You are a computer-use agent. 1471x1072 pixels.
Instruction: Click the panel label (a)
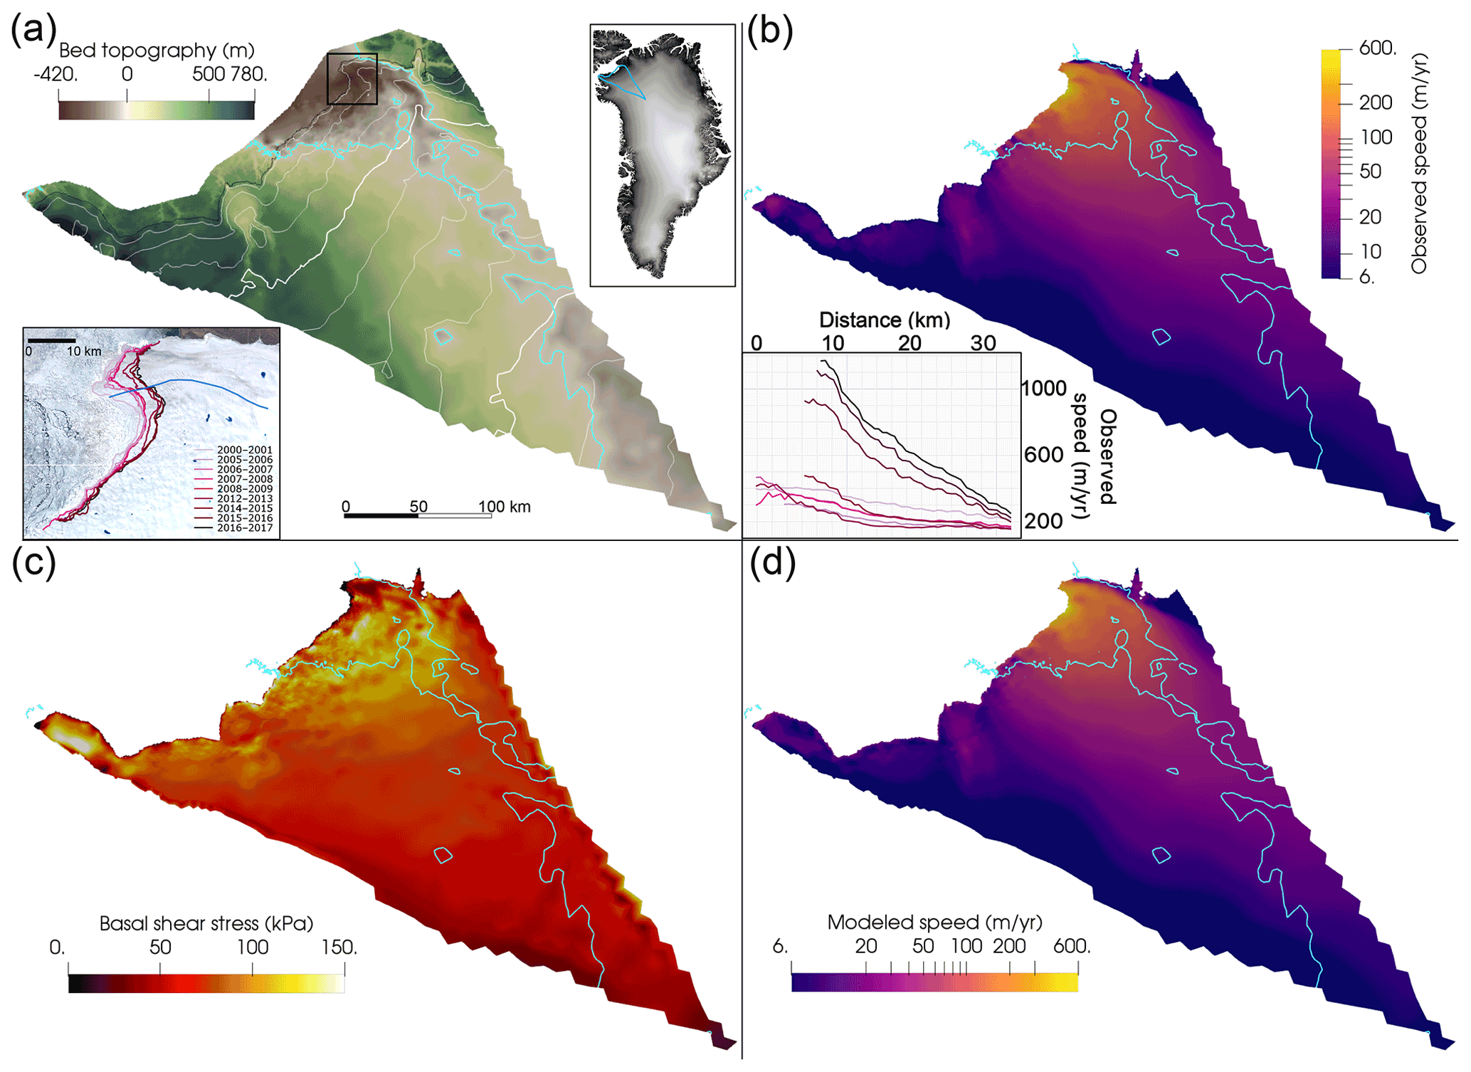(x=33, y=32)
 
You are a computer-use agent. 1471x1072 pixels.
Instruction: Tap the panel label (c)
(x=33, y=564)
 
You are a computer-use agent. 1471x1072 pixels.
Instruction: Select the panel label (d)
(x=772, y=564)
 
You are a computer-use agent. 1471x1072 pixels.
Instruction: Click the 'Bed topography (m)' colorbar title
(x=157, y=51)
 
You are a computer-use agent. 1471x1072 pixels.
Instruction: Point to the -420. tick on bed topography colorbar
(x=56, y=74)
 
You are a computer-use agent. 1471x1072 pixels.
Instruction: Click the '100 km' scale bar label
(x=504, y=507)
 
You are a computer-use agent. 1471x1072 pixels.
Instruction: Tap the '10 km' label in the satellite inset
(x=84, y=352)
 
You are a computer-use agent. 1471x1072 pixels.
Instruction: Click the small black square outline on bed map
(x=352, y=79)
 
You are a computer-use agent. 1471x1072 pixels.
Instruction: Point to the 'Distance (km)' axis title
(x=885, y=320)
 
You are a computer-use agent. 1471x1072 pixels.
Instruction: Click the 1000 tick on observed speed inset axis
(x=1043, y=388)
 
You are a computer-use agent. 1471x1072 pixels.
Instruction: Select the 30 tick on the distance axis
(x=983, y=343)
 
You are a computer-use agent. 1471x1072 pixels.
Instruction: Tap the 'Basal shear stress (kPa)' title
(x=206, y=923)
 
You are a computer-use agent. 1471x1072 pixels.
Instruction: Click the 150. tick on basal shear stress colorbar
(x=339, y=947)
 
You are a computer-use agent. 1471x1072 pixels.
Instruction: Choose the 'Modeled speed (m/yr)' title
(x=934, y=923)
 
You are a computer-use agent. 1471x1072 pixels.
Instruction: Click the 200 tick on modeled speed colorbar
(x=1009, y=946)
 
